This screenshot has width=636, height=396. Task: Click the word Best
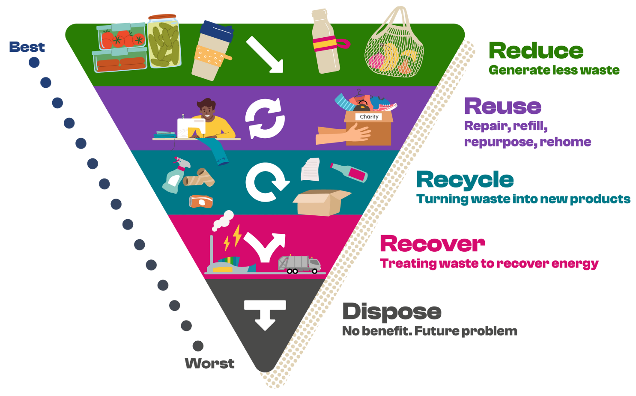pyautogui.click(x=27, y=47)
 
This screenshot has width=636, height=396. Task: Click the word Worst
pyautogui.click(x=209, y=363)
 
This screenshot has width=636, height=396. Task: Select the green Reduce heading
pyautogui.click(x=536, y=51)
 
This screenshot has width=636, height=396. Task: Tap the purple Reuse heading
pyautogui.click(x=503, y=106)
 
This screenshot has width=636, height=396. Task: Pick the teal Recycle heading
pyautogui.click(x=465, y=180)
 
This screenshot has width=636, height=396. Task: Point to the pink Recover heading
pyautogui.click(x=433, y=244)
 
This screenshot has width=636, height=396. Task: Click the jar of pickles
pyautogui.click(x=164, y=41)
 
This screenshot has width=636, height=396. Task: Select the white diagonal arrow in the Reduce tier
pyautogui.click(x=265, y=54)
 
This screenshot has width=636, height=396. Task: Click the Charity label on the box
pyautogui.click(x=369, y=117)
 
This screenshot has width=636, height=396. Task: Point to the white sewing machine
pyautogui.click(x=191, y=128)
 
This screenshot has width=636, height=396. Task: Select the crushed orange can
pyautogui.click(x=201, y=201)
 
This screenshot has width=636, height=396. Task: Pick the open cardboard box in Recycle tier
pyautogui.click(x=322, y=202)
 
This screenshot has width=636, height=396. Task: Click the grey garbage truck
pyautogui.click(x=299, y=264)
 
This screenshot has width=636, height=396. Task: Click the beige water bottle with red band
pyautogui.click(x=326, y=41)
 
